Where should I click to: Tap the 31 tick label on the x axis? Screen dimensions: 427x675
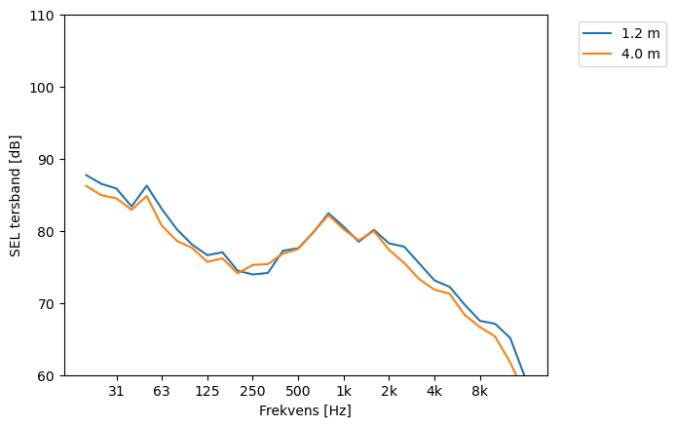(x=116, y=392)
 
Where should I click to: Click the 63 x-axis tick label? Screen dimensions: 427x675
(x=162, y=392)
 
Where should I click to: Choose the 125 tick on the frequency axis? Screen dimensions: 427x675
(x=206, y=392)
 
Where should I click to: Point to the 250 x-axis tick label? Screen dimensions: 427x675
(x=252, y=392)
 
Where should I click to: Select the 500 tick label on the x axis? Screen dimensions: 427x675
(x=298, y=392)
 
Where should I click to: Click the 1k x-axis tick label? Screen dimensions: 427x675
(x=344, y=392)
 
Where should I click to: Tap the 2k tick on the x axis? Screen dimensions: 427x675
(x=389, y=392)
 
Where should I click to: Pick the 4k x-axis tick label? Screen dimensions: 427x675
(x=434, y=392)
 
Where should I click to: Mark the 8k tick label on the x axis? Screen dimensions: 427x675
(x=479, y=392)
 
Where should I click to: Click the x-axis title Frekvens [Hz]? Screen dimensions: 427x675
(x=305, y=411)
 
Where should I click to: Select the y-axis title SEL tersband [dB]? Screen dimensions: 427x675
(x=16, y=195)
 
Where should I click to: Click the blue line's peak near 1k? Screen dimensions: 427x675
(x=328, y=213)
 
